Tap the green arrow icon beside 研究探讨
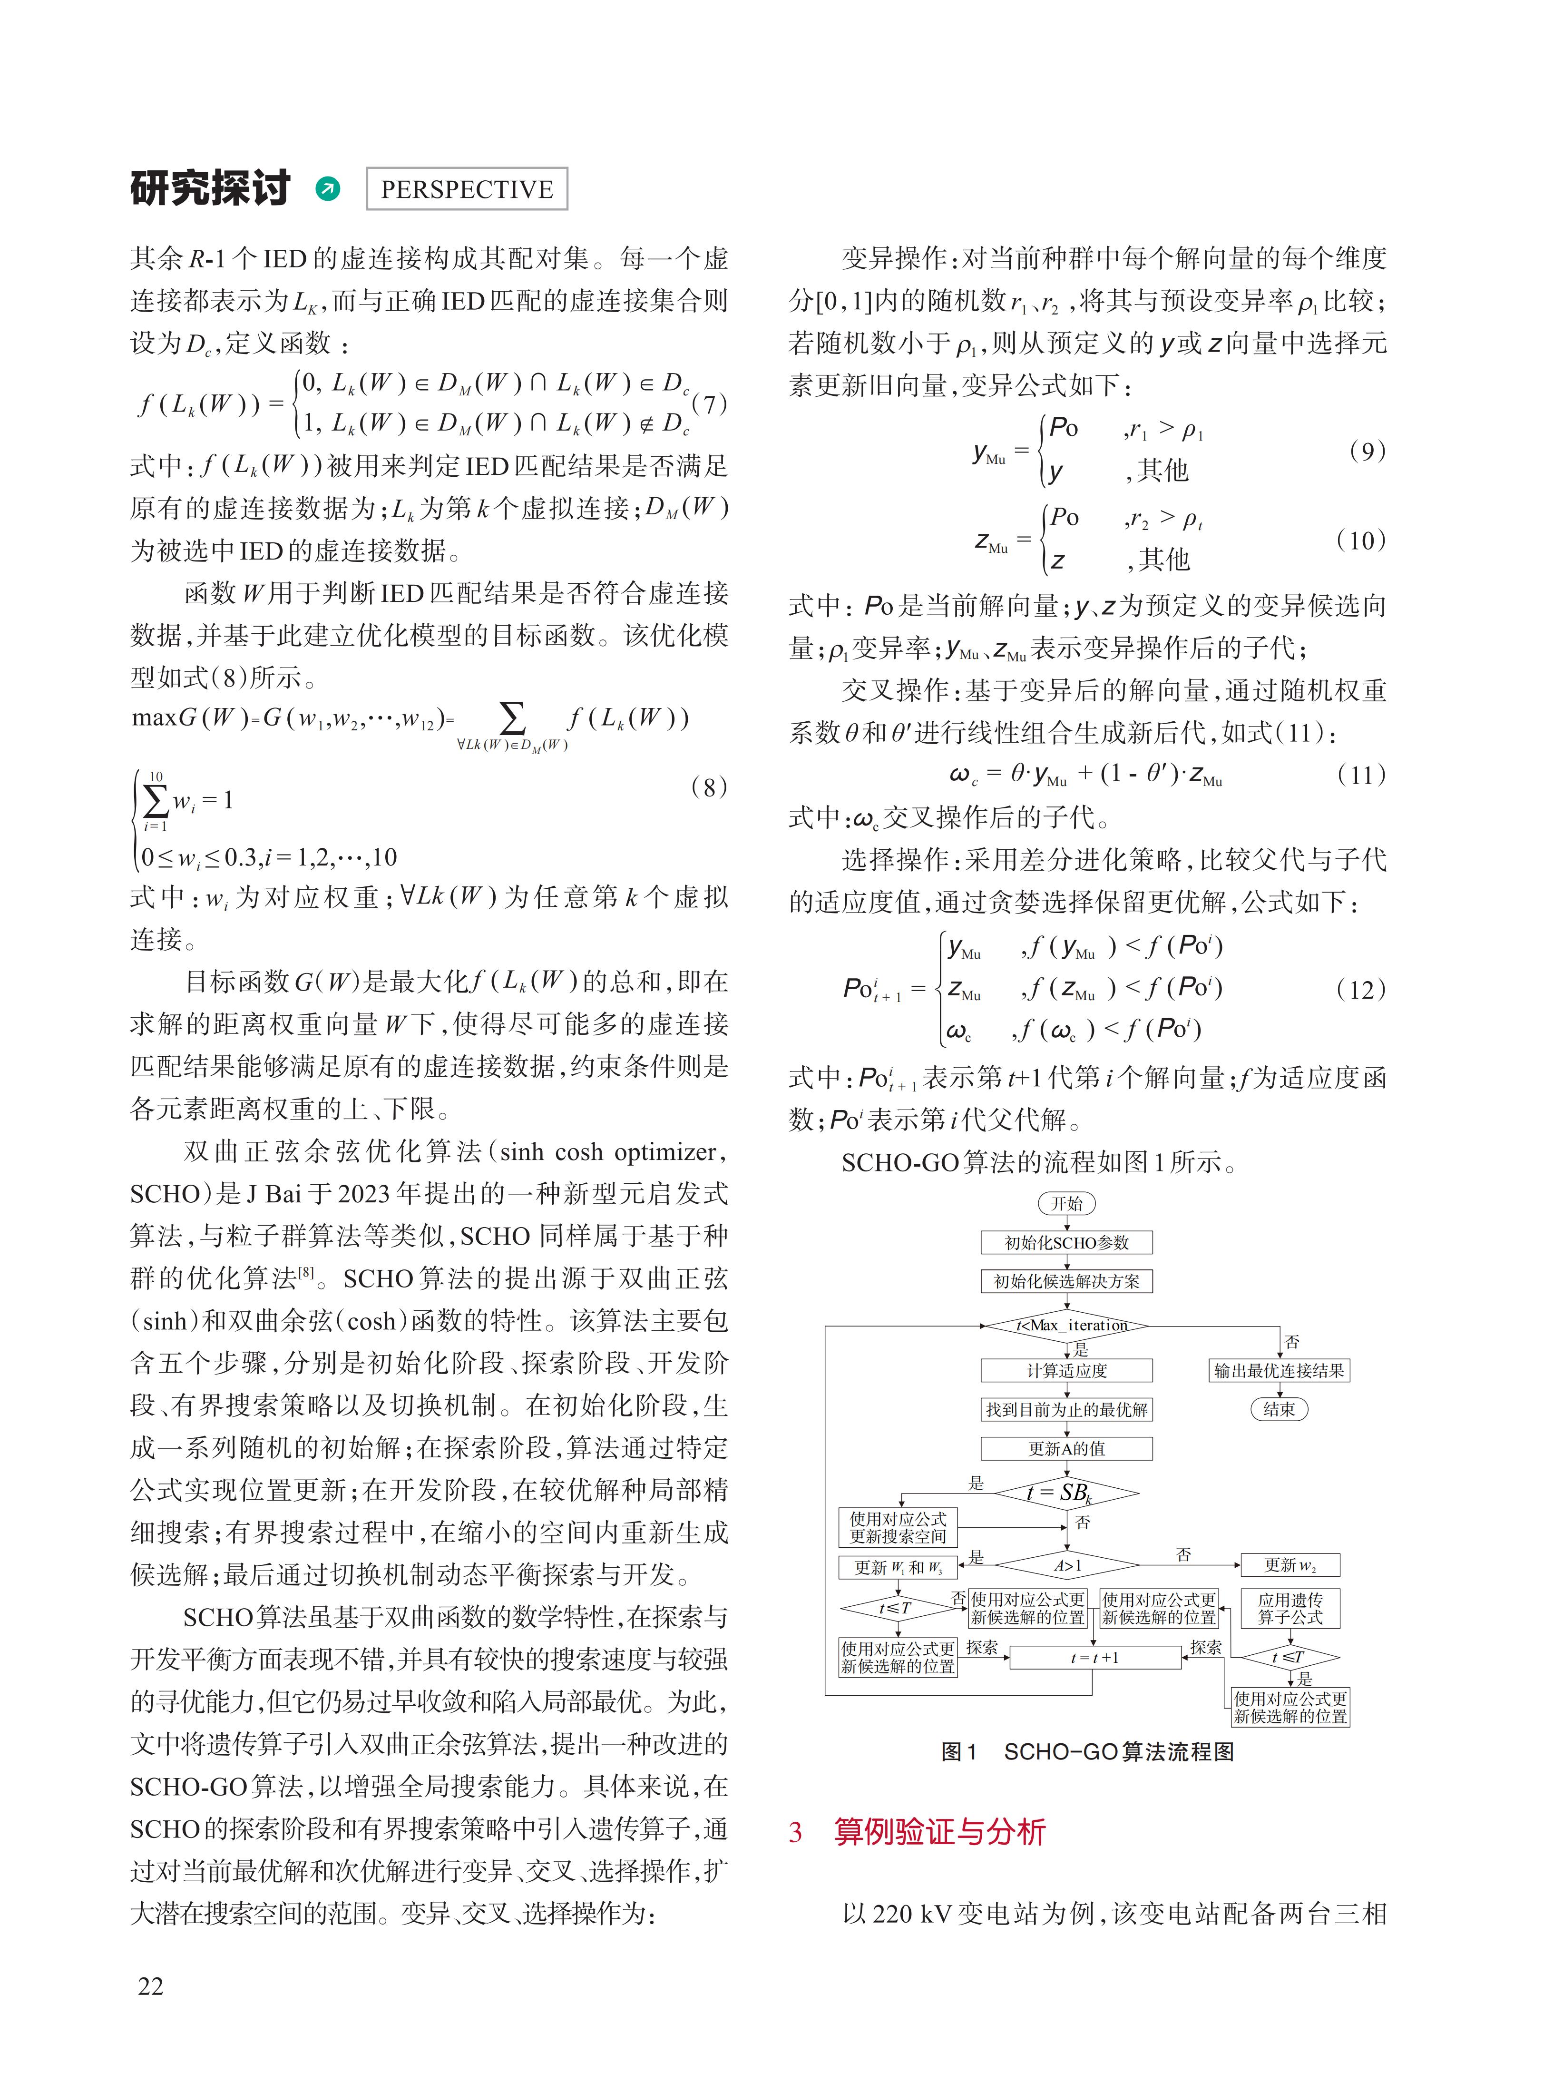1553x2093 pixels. [328, 189]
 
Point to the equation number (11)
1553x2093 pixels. [1360, 775]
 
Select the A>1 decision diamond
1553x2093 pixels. [1067, 1565]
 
